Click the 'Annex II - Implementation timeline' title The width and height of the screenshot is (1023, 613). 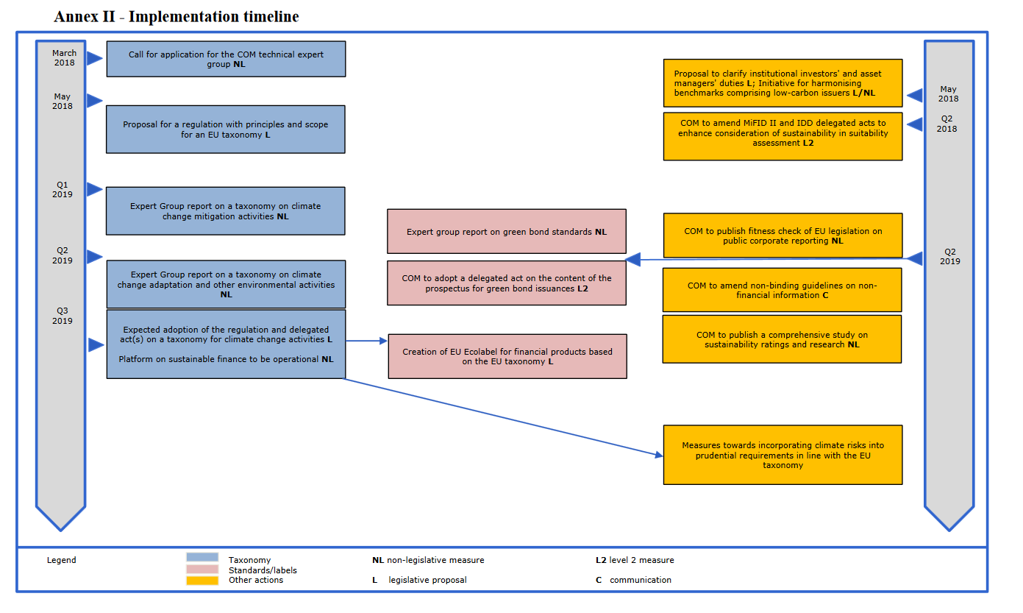click(177, 16)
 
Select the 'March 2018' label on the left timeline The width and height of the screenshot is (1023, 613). click(65, 58)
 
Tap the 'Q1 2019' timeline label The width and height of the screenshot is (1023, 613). click(62, 190)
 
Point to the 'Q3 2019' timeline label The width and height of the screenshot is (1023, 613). click(62, 316)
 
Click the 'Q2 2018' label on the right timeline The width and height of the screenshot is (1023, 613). click(947, 124)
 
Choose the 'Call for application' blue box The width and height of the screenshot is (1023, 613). click(226, 59)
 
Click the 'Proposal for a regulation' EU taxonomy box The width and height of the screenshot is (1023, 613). click(226, 130)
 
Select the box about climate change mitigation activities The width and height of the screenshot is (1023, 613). click(226, 211)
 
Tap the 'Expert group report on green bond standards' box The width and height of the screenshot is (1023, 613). click(507, 231)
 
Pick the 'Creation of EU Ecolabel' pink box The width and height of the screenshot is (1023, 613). click(507, 357)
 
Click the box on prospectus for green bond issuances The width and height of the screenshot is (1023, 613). click(507, 283)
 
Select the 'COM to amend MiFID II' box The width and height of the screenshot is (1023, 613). click(783, 136)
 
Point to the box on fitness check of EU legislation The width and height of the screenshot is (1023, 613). click(783, 235)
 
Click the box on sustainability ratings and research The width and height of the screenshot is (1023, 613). click(782, 339)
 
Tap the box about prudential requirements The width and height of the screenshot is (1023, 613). click(783, 455)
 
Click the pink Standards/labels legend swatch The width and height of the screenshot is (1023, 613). click(202, 570)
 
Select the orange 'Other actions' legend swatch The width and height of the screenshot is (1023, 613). click(202, 580)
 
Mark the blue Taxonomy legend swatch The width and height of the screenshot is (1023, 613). click(202, 557)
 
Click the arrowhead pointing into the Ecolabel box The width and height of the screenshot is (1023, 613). click(384, 341)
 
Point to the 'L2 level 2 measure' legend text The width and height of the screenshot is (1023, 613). click(635, 560)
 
